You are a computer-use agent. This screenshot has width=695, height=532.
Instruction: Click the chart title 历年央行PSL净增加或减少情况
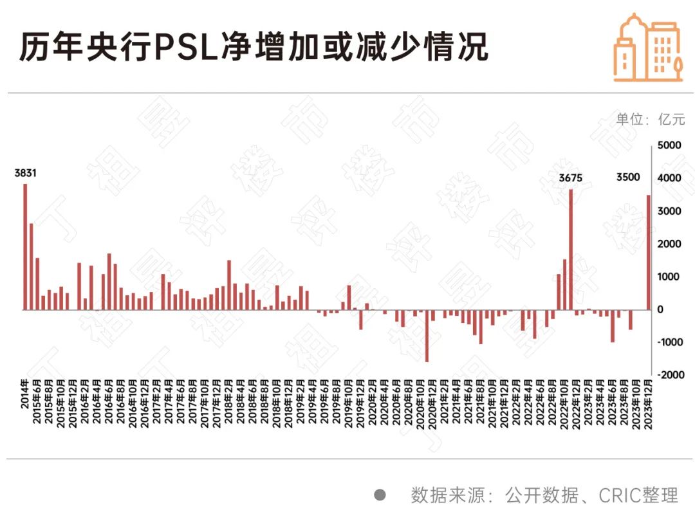[x=254, y=48]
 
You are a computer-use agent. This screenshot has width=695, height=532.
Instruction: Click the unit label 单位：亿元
[x=651, y=119]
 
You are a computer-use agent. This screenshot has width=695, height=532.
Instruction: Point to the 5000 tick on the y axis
[x=669, y=146]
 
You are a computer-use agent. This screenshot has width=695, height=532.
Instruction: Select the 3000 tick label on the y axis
[x=669, y=212]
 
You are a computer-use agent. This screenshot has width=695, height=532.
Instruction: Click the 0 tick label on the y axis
[x=660, y=309]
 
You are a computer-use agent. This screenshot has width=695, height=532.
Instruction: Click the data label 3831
[x=26, y=173]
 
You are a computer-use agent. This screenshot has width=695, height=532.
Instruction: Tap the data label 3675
[x=571, y=178]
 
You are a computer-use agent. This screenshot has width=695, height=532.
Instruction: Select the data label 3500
[x=628, y=178]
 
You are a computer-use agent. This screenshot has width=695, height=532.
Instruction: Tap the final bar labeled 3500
[x=648, y=252]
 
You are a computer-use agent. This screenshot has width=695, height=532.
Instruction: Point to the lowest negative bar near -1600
[x=427, y=335]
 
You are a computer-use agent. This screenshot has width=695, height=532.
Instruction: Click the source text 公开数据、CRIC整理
[x=591, y=495]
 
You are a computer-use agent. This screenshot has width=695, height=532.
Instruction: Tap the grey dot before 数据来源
[x=380, y=495]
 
